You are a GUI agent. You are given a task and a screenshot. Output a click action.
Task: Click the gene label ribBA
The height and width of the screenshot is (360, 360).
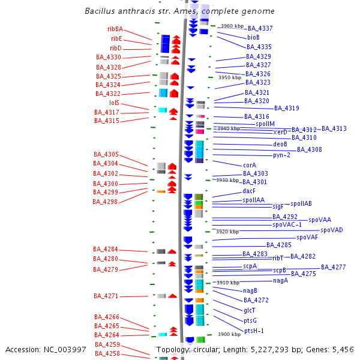115,29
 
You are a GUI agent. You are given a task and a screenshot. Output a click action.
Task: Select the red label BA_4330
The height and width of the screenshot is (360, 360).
109,58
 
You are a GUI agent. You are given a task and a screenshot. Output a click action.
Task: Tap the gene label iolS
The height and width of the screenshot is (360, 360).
114,103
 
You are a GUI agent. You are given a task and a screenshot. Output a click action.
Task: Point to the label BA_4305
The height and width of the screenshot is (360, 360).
106,154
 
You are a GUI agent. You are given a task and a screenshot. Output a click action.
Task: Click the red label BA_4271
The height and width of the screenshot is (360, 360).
106,296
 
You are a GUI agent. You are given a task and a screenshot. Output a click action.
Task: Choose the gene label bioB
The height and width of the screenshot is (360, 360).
254,37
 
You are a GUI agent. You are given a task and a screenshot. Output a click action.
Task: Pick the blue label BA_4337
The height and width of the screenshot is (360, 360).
260,28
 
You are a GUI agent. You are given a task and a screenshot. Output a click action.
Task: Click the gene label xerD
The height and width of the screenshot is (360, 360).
280,132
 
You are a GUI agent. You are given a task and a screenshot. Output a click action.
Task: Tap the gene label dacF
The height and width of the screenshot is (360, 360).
249,191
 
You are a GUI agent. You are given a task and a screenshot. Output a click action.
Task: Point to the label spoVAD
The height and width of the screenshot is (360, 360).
332,230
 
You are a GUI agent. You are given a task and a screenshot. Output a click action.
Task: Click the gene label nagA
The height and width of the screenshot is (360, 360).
280,280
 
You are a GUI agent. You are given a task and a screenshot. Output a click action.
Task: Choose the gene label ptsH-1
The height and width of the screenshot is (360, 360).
254,331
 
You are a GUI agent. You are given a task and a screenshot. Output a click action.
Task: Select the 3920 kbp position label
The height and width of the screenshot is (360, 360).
227,232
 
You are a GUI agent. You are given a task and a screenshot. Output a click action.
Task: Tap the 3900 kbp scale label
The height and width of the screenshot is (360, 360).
229,335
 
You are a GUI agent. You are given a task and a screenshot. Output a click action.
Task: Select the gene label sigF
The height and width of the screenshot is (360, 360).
278,206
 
